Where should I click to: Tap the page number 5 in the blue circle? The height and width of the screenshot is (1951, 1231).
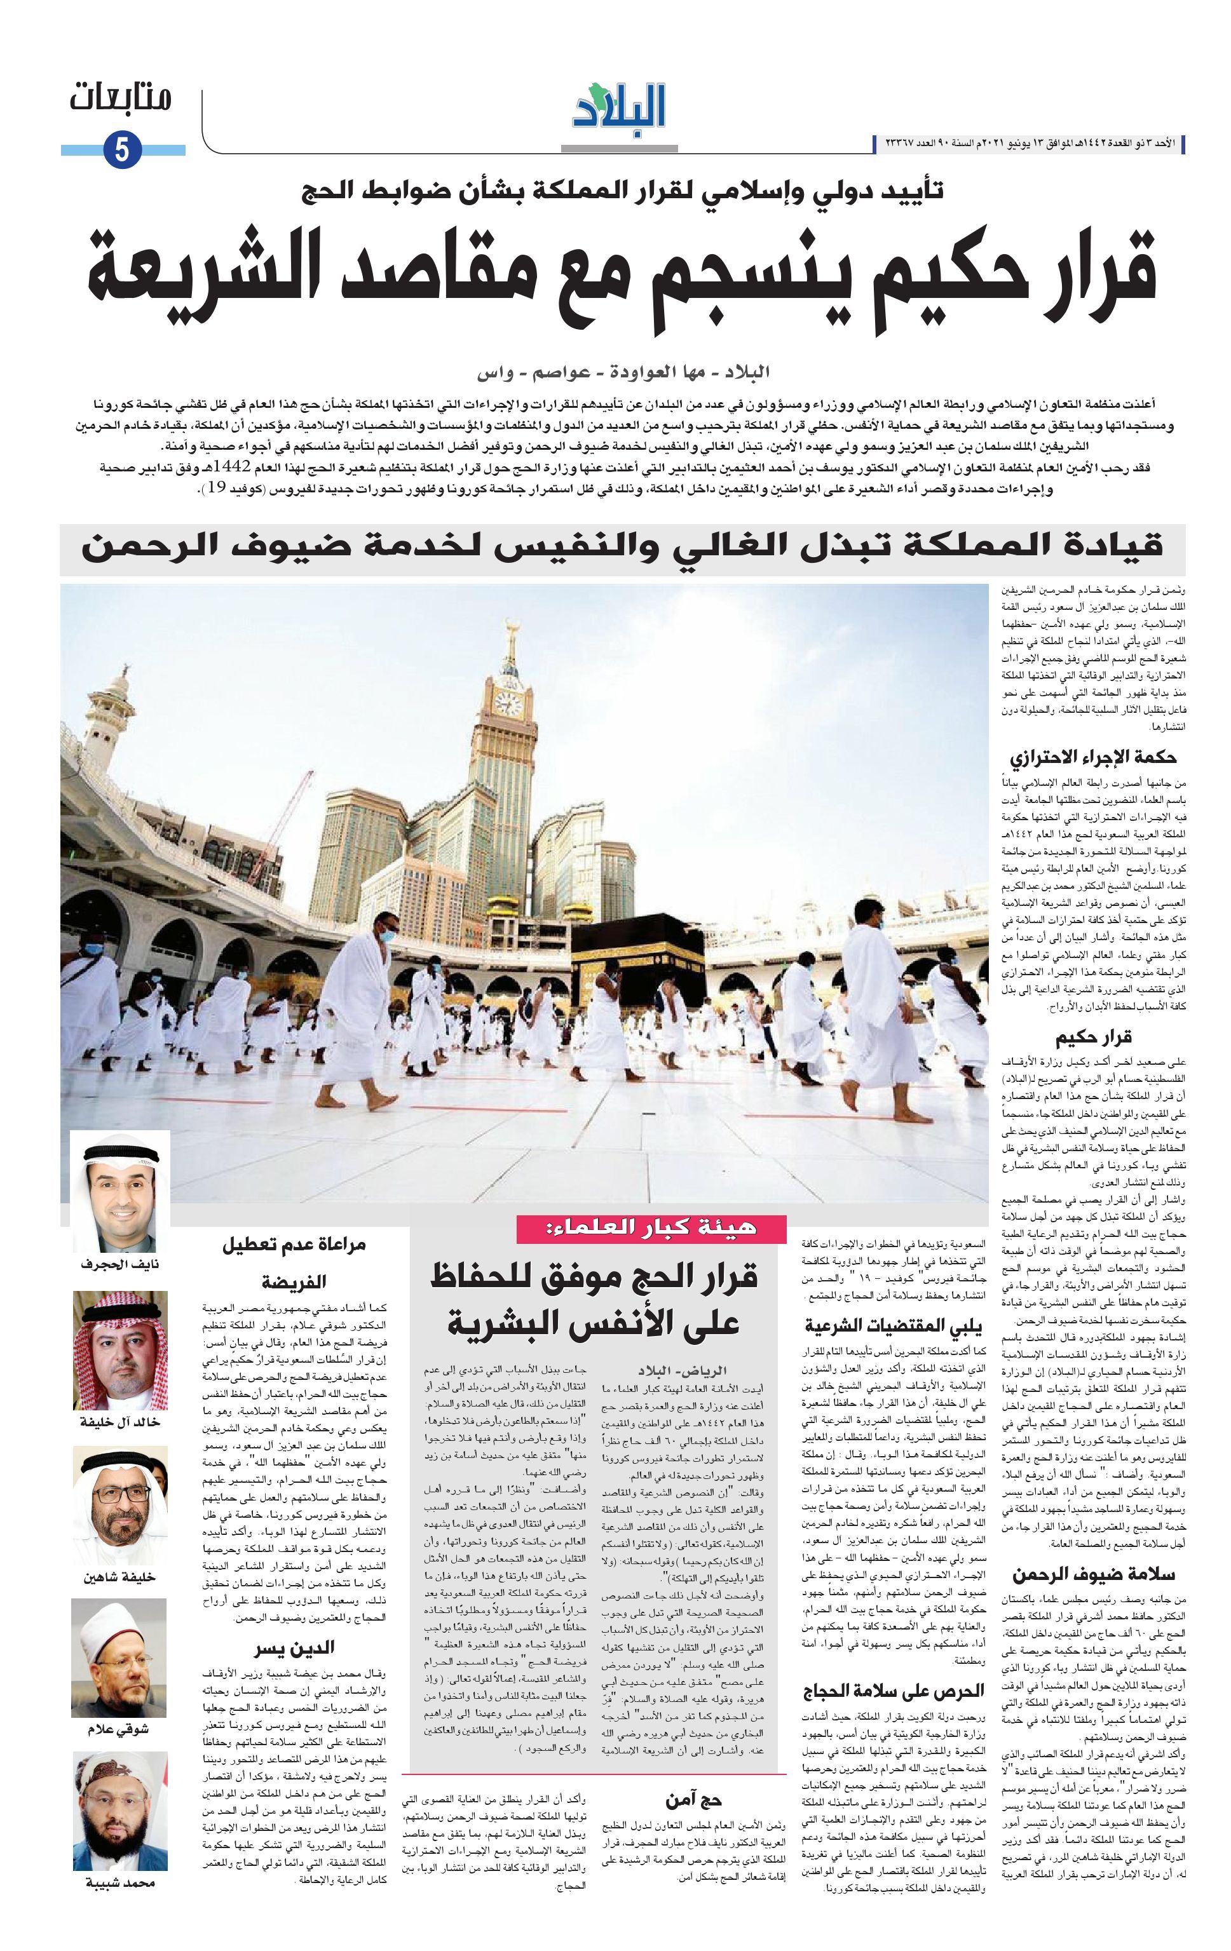coord(123,151)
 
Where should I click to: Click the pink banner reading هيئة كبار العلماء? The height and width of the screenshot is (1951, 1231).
coord(651,1227)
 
